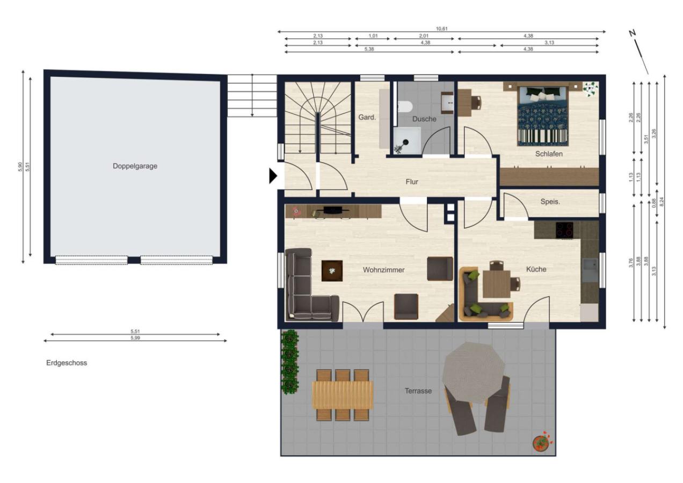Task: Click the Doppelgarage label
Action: pos(135,166)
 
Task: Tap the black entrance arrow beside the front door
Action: pos(273,176)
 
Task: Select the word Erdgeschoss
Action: pos(67,363)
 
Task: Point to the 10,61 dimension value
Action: pos(441,28)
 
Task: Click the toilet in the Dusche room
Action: pos(405,107)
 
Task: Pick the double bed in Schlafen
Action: pos(543,116)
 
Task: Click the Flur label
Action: pos(412,182)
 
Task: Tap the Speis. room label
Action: pos(550,202)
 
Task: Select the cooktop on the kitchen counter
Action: pos(564,230)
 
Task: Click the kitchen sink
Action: pos(590,269)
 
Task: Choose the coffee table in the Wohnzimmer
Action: pos(332,270)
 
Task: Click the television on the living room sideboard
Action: pos(332,210)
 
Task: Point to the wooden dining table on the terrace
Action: pos(343,395)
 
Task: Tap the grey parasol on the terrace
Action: pos(473,372)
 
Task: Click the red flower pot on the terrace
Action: pos(541,442)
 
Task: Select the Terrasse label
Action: pos(418,391)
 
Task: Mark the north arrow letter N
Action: pos(633,33)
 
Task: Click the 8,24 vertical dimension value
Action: pos(662,202)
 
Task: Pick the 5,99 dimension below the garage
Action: pos(135,338)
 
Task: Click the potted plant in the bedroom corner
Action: pos(591,89)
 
